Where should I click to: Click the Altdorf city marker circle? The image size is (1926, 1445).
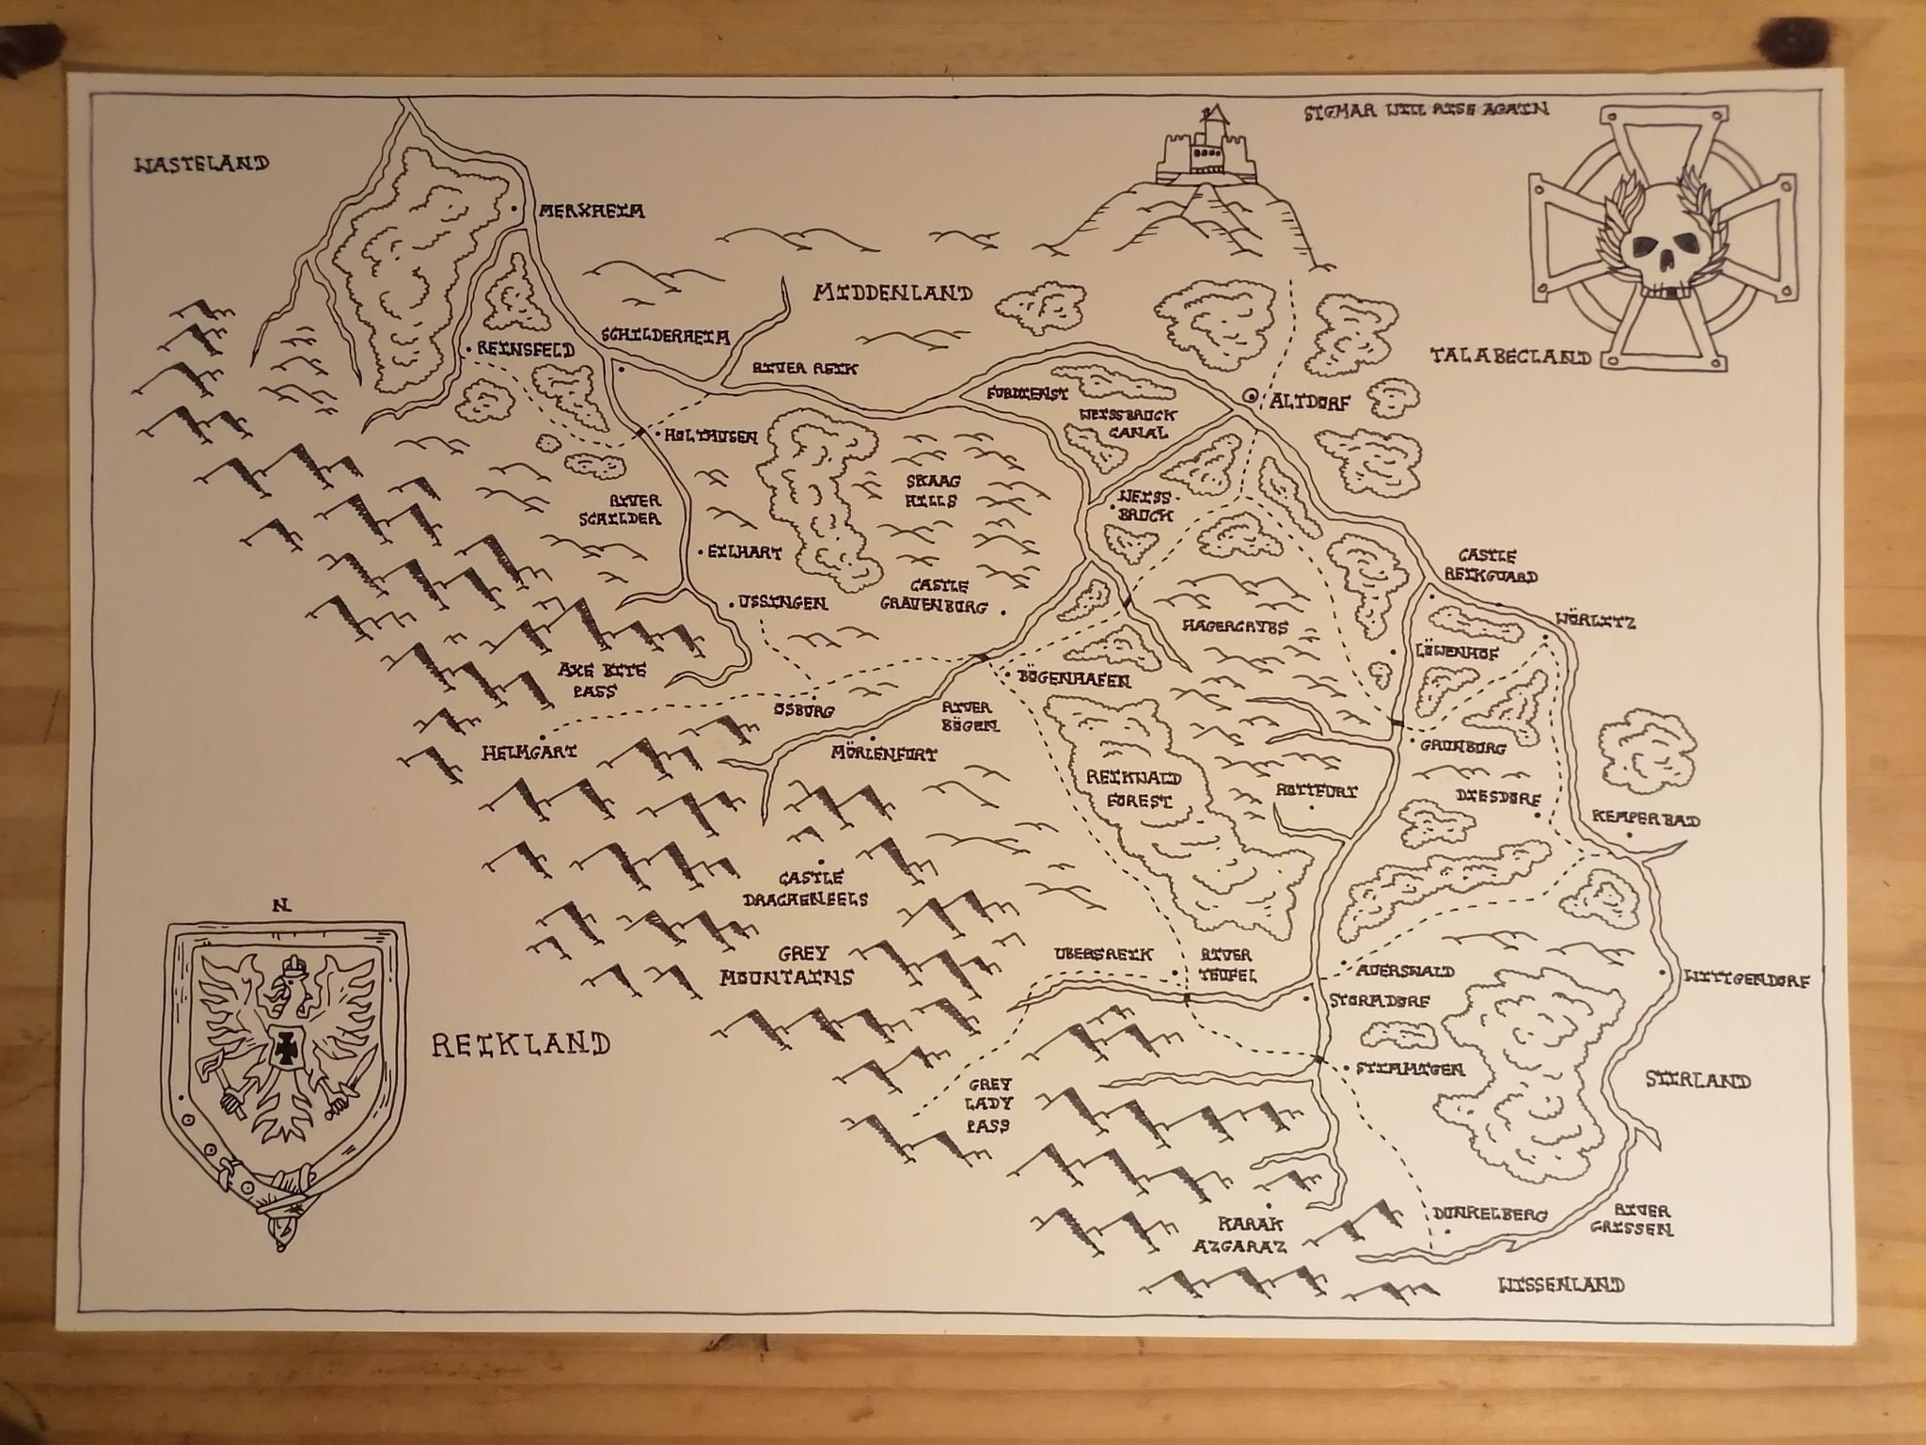1250,397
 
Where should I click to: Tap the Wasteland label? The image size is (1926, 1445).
202,165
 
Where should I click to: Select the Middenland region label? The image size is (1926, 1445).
892,294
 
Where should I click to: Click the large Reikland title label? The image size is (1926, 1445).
520,1043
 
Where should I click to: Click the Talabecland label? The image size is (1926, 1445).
1510,357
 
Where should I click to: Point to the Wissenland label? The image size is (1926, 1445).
1561,1284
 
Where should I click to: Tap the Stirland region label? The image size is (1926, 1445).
1697,1081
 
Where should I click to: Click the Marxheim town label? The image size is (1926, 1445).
591,212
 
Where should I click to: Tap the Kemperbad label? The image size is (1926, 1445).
1646,820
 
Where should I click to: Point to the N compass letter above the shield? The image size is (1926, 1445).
279,906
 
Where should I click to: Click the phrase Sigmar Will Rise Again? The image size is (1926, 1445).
1426,109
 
